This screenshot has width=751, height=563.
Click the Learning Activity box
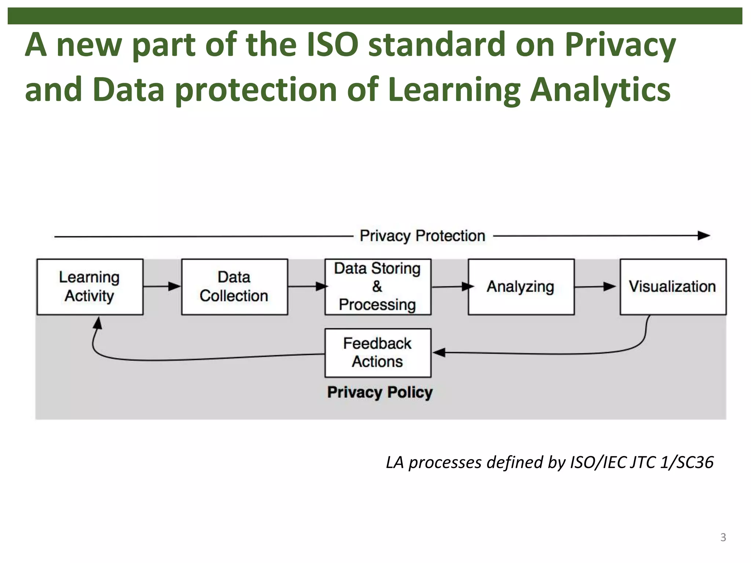(90, 287)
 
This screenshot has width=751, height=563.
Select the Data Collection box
(234, 287)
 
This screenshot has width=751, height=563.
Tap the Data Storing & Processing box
(378, 287)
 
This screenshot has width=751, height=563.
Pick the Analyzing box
(521, 287)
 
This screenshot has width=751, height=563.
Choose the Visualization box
(673, 287)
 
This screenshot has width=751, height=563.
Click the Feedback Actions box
(378, 353)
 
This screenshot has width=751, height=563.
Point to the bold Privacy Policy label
(380, 392)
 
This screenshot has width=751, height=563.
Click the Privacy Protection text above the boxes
(422, 236)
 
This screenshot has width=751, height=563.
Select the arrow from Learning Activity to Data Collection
(162, 286)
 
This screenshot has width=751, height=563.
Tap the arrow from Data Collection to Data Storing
(307, 286)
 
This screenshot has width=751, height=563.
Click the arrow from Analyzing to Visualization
(595, 287)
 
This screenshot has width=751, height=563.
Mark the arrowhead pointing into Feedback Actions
(439, 353)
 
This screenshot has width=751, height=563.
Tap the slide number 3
(723, 537)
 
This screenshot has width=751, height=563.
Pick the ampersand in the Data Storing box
(377, 286)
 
